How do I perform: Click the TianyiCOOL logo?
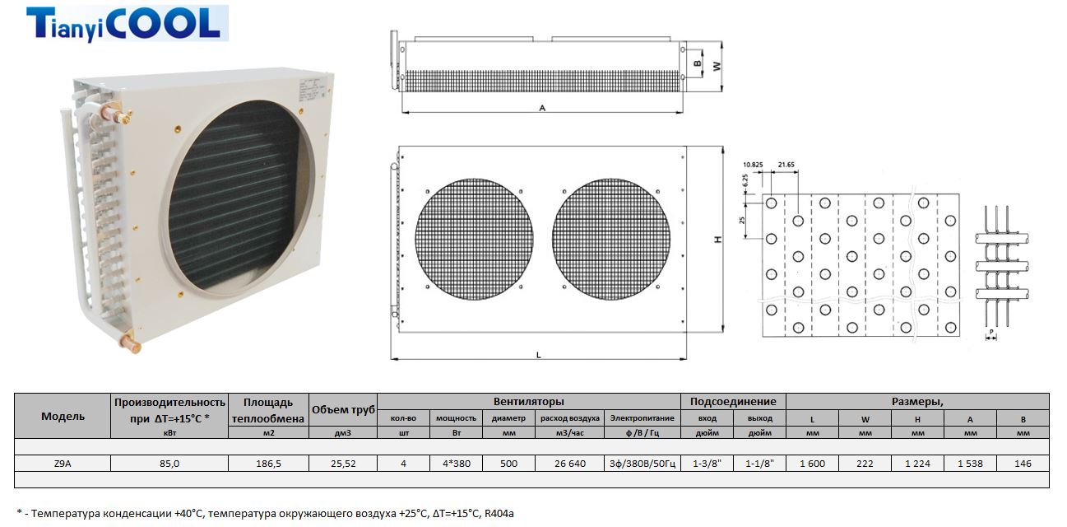pyautogui.click(x=128, y=24)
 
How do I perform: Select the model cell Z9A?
pyautogui.click(x=63, y=464)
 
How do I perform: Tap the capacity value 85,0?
pyautogui.click(x=169, y=464)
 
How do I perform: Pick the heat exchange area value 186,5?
pyautogui.click(x=268, y=464)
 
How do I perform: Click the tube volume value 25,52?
pyautogui.click(x=343, y=464)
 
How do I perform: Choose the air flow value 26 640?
pyautogui.click(x=570, y=464)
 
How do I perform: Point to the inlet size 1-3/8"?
pyautogui.click(x=707, y=464)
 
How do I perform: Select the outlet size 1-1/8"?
pyautogui.click(x=760, y=464)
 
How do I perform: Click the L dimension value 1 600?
pyautogui.click(x=812, y=464)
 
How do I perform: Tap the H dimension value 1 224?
pyautogui.click(x=917, y=464)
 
